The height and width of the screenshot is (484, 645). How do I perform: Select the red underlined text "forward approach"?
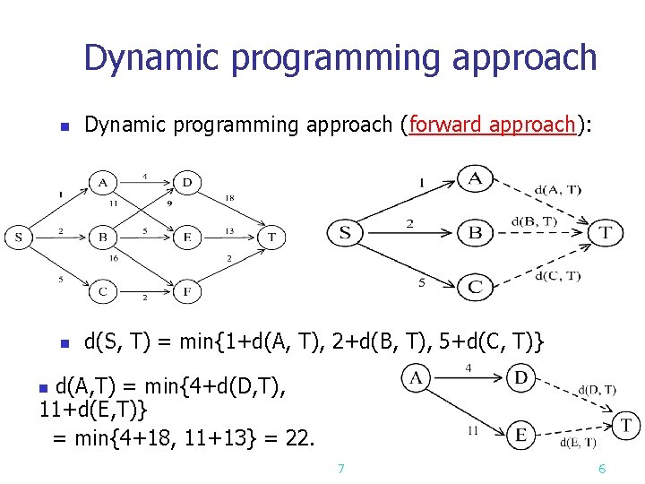(x=491, y=125)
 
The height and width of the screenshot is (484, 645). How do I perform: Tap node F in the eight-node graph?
(x=187, y=291)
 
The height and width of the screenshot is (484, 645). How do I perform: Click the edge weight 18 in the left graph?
(x=229, y=197)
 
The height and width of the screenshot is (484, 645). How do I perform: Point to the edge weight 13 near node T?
(x=228, y=230)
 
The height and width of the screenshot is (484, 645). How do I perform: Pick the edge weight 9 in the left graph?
(x=168, y=203)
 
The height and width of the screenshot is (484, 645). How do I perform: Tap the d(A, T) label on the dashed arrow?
(x=557, y=189)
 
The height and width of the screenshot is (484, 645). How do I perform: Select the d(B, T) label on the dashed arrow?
(x=534, y=221)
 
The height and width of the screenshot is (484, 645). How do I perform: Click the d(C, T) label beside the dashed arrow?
(x=557, y=275)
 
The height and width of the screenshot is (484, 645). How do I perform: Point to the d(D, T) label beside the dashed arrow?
(x=597, y=389)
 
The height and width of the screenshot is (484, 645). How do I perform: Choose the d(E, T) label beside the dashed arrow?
(x=578, y=442)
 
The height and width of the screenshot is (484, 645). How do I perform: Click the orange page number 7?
(x=340, y=468)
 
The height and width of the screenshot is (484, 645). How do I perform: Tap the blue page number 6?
(x=602, y=468)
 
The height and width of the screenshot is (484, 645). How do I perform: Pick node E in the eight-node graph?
(x=187, y=238)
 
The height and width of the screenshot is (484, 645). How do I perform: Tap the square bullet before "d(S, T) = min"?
(x=64, y=343)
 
